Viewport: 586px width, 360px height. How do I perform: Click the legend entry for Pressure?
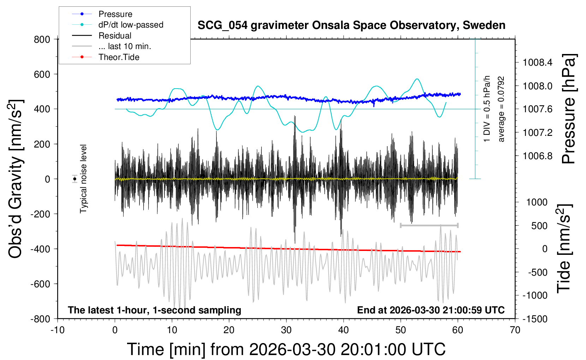[115, 14]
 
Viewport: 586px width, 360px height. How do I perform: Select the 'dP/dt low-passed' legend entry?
[131, 25]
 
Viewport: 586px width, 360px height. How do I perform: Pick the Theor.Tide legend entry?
[119, 57]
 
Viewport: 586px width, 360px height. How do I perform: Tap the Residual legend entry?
[115, 36]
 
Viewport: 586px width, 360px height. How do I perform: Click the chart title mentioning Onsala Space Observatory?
[351, 25]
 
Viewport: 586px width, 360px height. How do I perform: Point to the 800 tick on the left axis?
[42, 40]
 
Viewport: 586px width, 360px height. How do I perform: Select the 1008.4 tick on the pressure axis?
[537, 63]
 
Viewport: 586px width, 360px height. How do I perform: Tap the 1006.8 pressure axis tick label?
[537, 156]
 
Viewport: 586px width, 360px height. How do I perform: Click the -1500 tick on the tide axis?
[534, 319]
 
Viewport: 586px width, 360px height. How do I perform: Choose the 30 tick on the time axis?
[286, 330]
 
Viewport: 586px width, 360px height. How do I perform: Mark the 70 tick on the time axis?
[515, 330]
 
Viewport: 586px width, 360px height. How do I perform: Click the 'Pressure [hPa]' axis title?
[569, 109]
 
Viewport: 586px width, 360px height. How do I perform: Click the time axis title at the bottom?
[286, 349]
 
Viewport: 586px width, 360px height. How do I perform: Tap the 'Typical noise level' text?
[83, 179]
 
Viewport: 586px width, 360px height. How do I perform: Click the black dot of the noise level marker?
[75, 179]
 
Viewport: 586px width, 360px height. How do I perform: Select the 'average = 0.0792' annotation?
[501, 109]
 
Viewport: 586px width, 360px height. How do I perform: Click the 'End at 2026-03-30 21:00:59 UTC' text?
[431, 310]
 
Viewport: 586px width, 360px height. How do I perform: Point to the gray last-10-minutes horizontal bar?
[429, 225]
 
